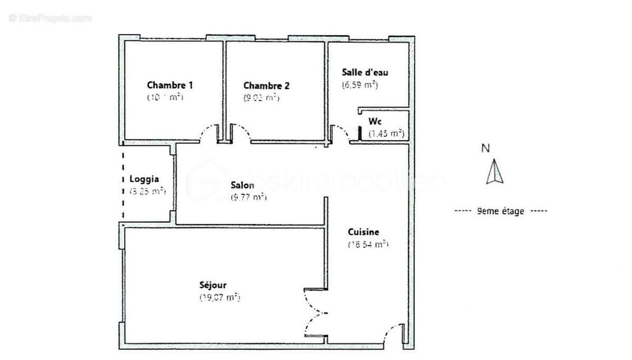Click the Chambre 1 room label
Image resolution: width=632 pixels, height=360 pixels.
point(170,85)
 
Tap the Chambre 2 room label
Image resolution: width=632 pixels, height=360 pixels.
point(266,85)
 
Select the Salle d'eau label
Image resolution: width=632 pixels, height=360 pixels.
point(365,72)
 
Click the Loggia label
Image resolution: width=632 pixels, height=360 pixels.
point(144,178)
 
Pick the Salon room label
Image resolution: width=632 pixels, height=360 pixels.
point(242,185)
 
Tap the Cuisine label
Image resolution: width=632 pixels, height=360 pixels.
point(363,232)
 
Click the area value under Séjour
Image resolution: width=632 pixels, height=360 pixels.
point(220,297)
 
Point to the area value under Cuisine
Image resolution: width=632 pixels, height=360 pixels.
point(368,244)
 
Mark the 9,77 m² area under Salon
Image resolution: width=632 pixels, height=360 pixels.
point(249,197)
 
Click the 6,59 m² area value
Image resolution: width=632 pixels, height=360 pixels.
point(360,84)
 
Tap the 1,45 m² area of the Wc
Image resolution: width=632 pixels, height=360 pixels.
point(386,134)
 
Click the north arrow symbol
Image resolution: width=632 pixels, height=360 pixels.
point(494,172)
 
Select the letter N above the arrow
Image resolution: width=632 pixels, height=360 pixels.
point(486,148)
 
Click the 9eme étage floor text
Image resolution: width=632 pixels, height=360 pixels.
point(500,211)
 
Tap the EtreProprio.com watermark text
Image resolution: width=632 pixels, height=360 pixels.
point(50,18)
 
